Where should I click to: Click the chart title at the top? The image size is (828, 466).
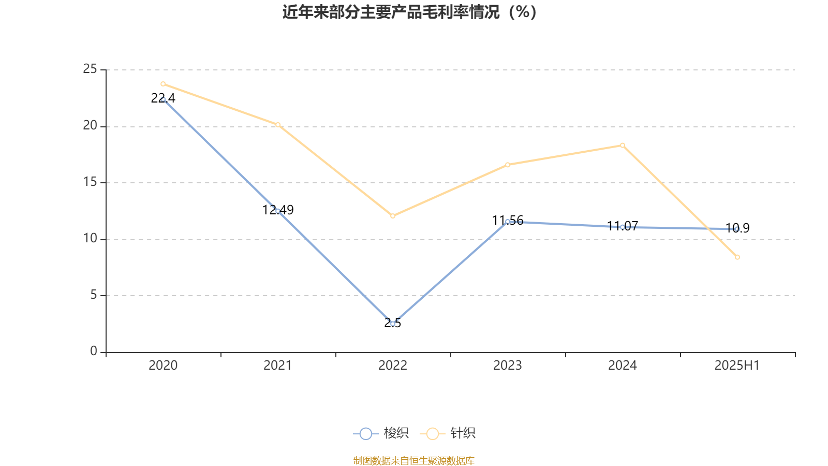(x=410, y=12)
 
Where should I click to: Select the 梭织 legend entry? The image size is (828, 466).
(x=381, y=433)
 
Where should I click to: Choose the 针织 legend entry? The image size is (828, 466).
(x=448, y=433)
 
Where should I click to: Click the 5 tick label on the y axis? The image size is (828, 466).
(x=93, y=295)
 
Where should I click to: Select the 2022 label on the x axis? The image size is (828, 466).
(x=393, y=366)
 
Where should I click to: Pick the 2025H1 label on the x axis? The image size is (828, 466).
(x=737, y=366)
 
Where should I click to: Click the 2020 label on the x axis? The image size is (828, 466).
(x=163, y=366)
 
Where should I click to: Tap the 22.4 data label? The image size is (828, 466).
(x=163, y=98)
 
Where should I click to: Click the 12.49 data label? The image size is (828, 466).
(x=278, y=210)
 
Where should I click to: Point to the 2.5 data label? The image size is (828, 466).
(x=393, y=323)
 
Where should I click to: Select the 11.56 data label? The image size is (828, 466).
(x=508, y=221)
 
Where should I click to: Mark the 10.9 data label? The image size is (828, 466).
(x=737, y=228)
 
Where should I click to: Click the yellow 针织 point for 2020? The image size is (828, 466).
(x=163, y=84)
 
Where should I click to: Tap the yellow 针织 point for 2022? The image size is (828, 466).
(x=393, y=216)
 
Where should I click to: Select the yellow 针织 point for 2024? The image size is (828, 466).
(x=623, y=145)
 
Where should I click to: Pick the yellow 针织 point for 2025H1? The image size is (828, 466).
(x=737, y=257)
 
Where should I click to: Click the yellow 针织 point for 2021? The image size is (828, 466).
(x=278, y=125)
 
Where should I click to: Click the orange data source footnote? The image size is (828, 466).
(x=413, y=460)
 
